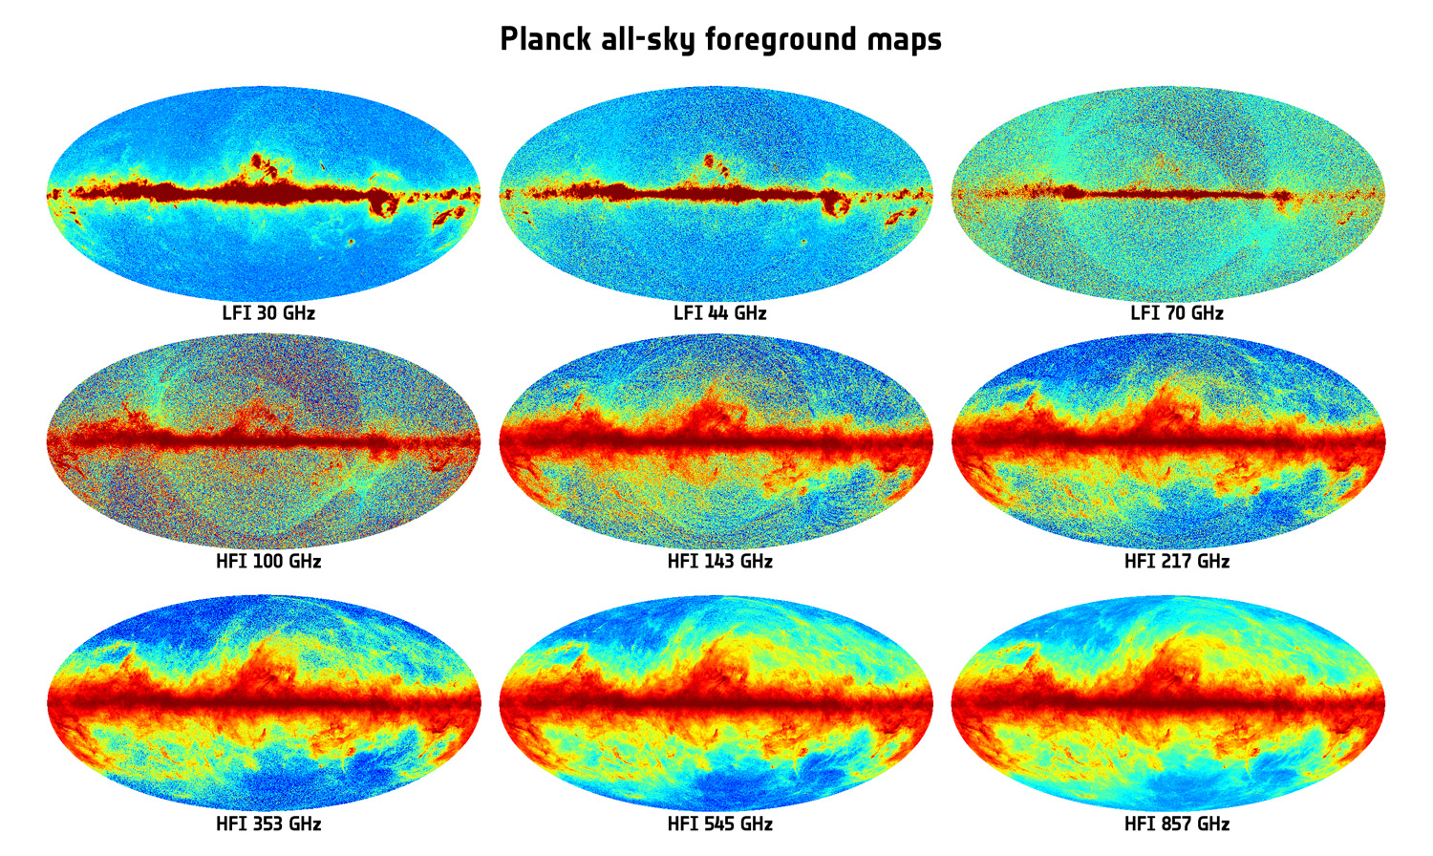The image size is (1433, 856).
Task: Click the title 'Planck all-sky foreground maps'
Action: coord(720,40)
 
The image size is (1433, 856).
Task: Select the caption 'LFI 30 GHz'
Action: coord(268,313)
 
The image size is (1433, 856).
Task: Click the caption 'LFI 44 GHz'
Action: coord(719,313)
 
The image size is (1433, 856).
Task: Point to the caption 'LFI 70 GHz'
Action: coord(1176,313)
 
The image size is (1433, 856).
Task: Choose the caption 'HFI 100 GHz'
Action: coord(268,562)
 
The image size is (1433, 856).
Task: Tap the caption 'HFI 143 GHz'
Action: coord(719,562)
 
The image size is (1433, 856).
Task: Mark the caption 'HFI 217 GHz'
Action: coord(1176,562)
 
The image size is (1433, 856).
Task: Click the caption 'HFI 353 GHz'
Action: coord(268,824)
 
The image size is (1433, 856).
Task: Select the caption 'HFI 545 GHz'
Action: coord(719,824)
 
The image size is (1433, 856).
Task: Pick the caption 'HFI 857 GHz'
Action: coord(1176,824)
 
